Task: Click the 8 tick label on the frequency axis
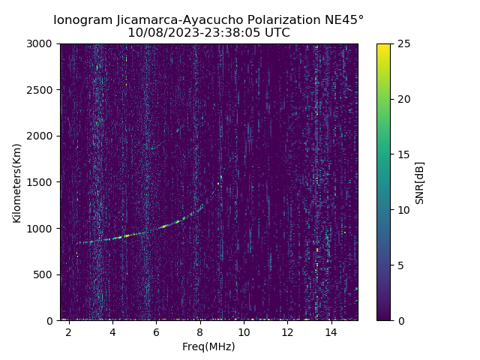[x=200, y=331]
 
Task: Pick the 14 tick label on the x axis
[x=331, y=331]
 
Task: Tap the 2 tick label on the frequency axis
[x=69, y=331]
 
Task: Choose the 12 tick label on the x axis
[x=287, y=331]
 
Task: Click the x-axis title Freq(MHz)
[x=208, y=346]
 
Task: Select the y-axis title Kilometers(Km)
[x=17, y=182]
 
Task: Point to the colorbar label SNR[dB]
[x=420, y=182]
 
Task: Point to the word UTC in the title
[x=277, y=33]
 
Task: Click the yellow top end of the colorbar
[x=383, y=46]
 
